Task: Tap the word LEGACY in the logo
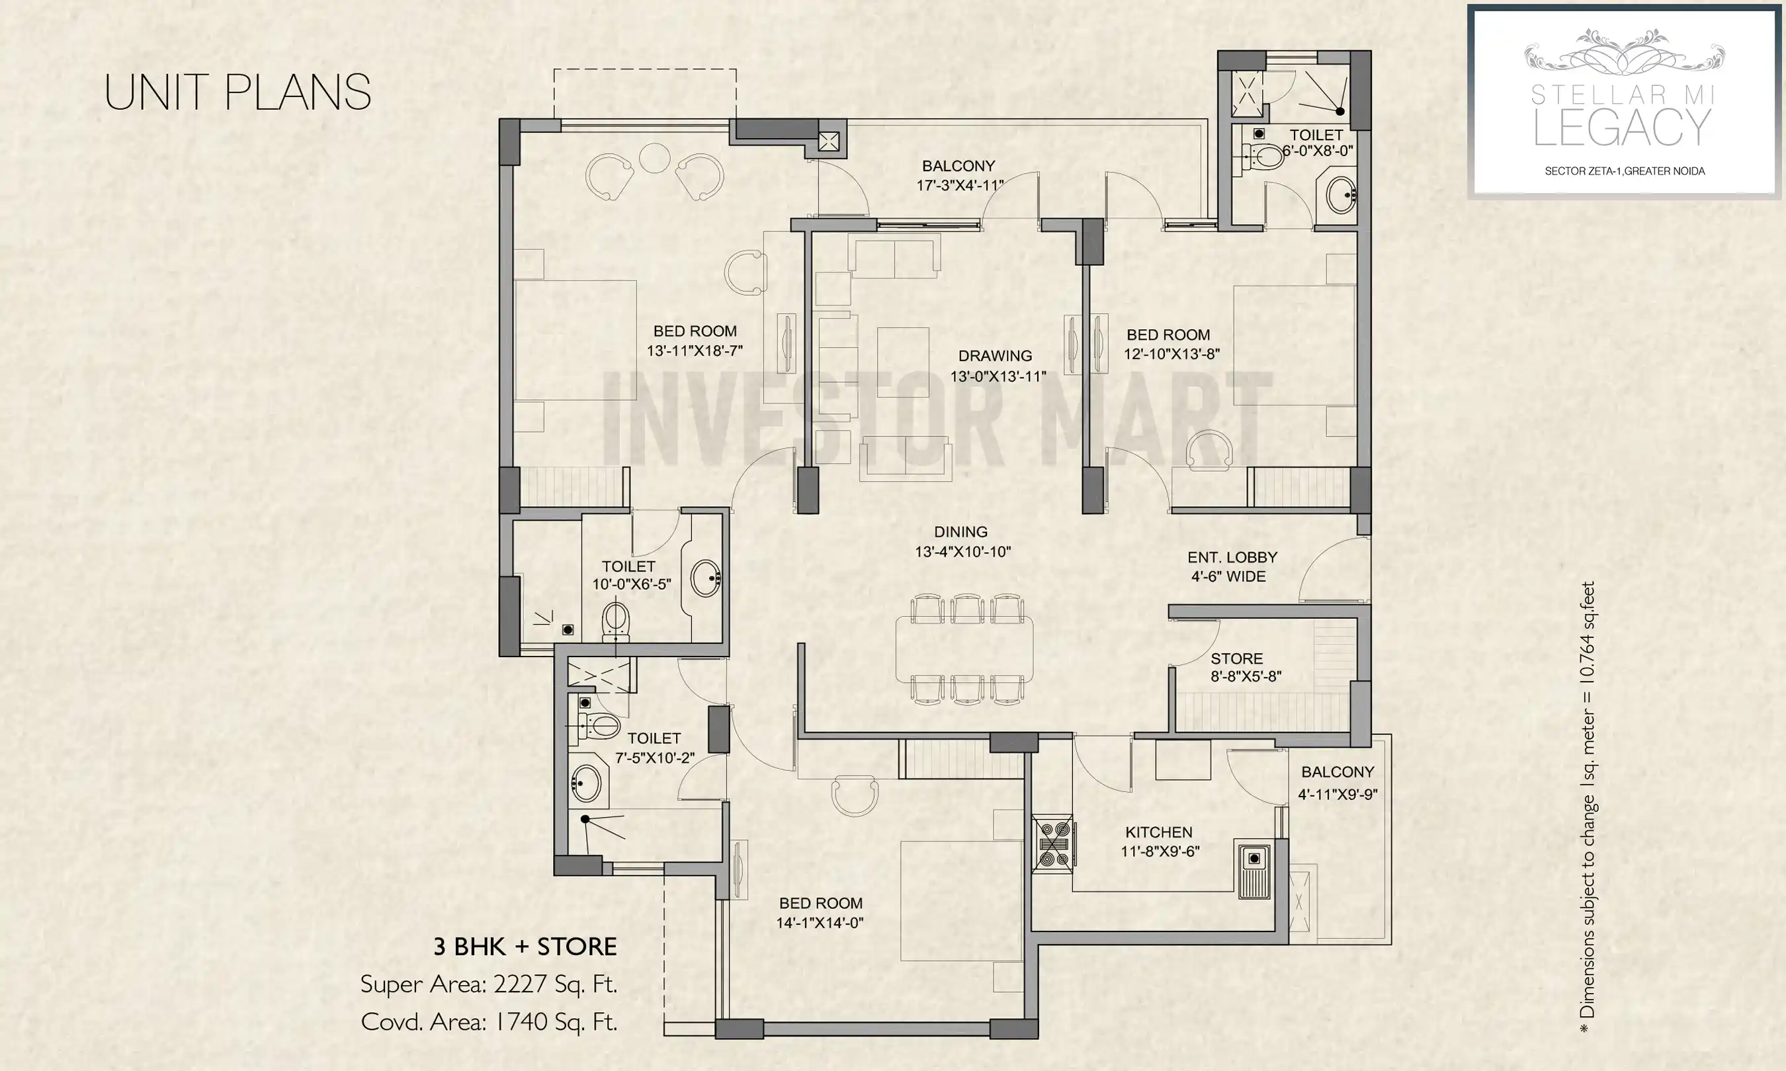click(x=1622, y=128)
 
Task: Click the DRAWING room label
click(x=995, y=356)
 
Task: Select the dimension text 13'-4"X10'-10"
click(x=962, y=552)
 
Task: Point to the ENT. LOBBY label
click(x=1232, y=557)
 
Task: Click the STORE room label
click(x=1236, y=659)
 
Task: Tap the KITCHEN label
click(x=1159, y=832)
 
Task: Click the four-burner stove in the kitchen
click(x=1053, y=844)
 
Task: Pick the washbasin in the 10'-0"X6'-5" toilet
click(x=705, y=577)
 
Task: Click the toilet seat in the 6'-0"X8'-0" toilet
click(x=1264, y=155)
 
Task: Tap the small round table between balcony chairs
click(x=654, y=158)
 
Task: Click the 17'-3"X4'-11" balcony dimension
click(x=958, y=186)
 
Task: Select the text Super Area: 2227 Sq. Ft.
click(x=489, y=984)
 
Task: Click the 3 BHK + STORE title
click(x=525, y=947)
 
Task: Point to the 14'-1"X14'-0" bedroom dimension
click(x=820, y=923)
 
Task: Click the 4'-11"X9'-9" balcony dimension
click(x=1337, y=795)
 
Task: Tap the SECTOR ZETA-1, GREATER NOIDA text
click(x=1625, y=171)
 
